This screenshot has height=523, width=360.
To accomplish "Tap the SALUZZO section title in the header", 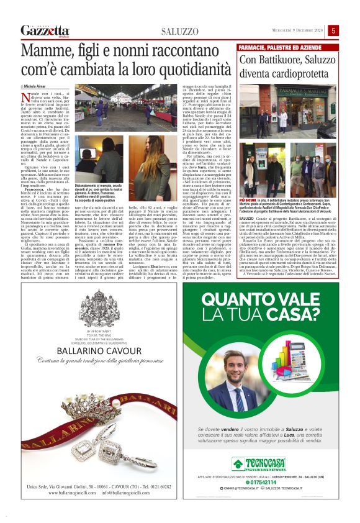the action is point(179,32).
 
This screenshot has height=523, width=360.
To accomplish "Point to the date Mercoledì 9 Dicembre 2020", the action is point(297,30).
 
